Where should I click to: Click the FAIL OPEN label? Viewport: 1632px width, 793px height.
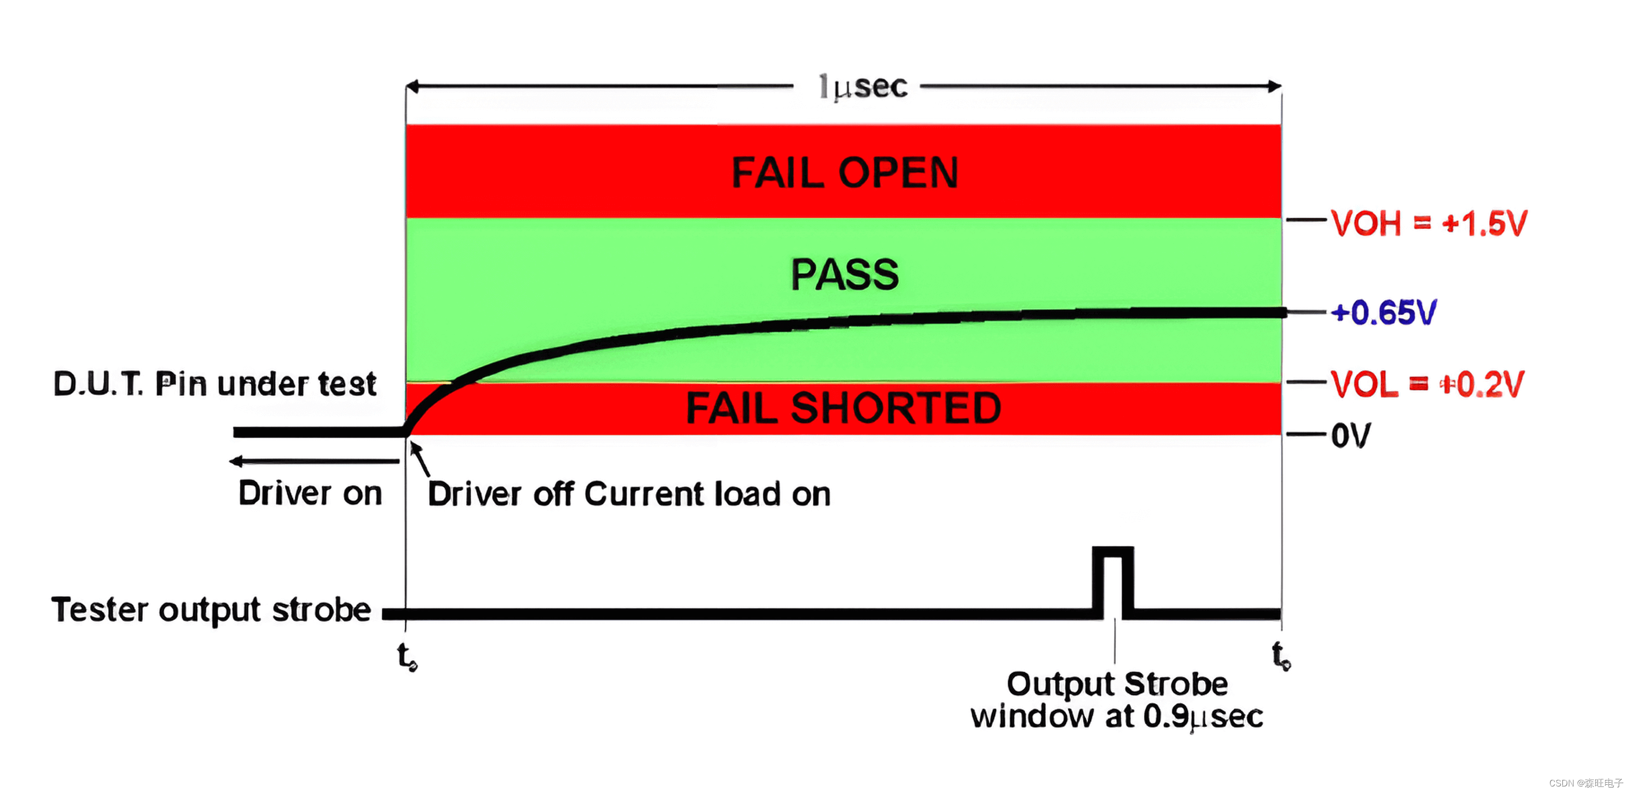[x=844, y=173]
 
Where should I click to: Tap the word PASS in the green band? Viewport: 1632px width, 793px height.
[x=844, y=274]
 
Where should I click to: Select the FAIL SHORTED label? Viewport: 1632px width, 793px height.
[x=843, y=408]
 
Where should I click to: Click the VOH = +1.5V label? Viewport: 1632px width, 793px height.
[x=1429, y=223]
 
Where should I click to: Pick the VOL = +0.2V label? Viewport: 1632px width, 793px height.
[x=1427, y=384]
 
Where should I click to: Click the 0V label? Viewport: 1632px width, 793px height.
[x=1350, y=435]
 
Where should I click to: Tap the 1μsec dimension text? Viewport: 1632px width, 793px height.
[x=863, y=87]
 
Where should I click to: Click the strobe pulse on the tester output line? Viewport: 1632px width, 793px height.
[x=1113, y=580]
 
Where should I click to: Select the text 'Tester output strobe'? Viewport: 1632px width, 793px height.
[x=211, y=610]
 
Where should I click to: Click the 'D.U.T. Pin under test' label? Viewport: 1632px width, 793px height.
[x=215, y=384]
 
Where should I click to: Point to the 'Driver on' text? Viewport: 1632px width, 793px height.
[x=310, y=493]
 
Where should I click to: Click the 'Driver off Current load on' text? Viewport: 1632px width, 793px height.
[x=628, y=494]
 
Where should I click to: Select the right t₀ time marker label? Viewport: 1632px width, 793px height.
[x=1281, y=655]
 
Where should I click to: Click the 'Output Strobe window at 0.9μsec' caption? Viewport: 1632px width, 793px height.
[x=1117, y=700]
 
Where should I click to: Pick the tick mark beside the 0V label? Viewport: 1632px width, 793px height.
[x=1306, y=434]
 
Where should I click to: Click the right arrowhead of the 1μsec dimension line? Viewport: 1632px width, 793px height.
[x=1275, y=86]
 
